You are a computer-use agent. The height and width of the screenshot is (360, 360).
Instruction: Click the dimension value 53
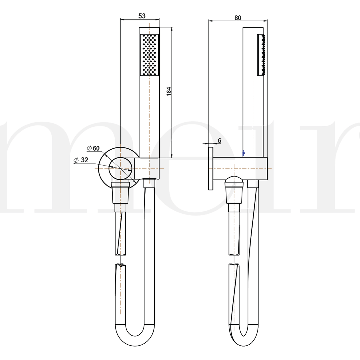pyautogui.click(x=142, y=16)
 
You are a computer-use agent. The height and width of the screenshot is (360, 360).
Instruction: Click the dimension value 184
pyautogui.click(x=169, y=92)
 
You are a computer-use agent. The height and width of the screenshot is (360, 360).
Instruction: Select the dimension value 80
pyautogui.click(x=238, y=18)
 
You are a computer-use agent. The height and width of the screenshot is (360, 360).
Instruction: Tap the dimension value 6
pyautogui.click(x=219, y=141)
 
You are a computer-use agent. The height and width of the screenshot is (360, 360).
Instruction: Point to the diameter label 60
pyautogui.click(x=96, y=148)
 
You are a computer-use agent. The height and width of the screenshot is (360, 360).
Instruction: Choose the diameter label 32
pyautogui.click(x=84, y=160)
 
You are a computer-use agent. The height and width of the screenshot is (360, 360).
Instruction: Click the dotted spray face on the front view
pyautogui.click(x=149, y=55)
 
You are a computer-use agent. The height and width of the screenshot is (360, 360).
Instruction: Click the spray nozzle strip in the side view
pyautogui.click(x=262, y=55)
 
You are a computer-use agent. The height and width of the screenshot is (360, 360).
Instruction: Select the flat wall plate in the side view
pyautogui.click(x=211, y=168)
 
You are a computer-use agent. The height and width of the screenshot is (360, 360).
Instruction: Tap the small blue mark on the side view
pyautogui.click(x=244, y=153)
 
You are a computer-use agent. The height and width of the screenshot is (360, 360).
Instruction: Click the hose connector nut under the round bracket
pyautogui.click(x=120, y=193)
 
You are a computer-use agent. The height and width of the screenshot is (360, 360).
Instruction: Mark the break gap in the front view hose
pyautogui.click(x=120, y=260)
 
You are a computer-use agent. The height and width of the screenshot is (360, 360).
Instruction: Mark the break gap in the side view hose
pyautogui.click(x=234, y=260)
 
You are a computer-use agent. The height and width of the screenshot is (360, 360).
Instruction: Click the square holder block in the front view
pyautogui.click(x=147, y=168)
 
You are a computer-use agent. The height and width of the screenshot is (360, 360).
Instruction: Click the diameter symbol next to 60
pyautogui.click(x=89, y=148)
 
